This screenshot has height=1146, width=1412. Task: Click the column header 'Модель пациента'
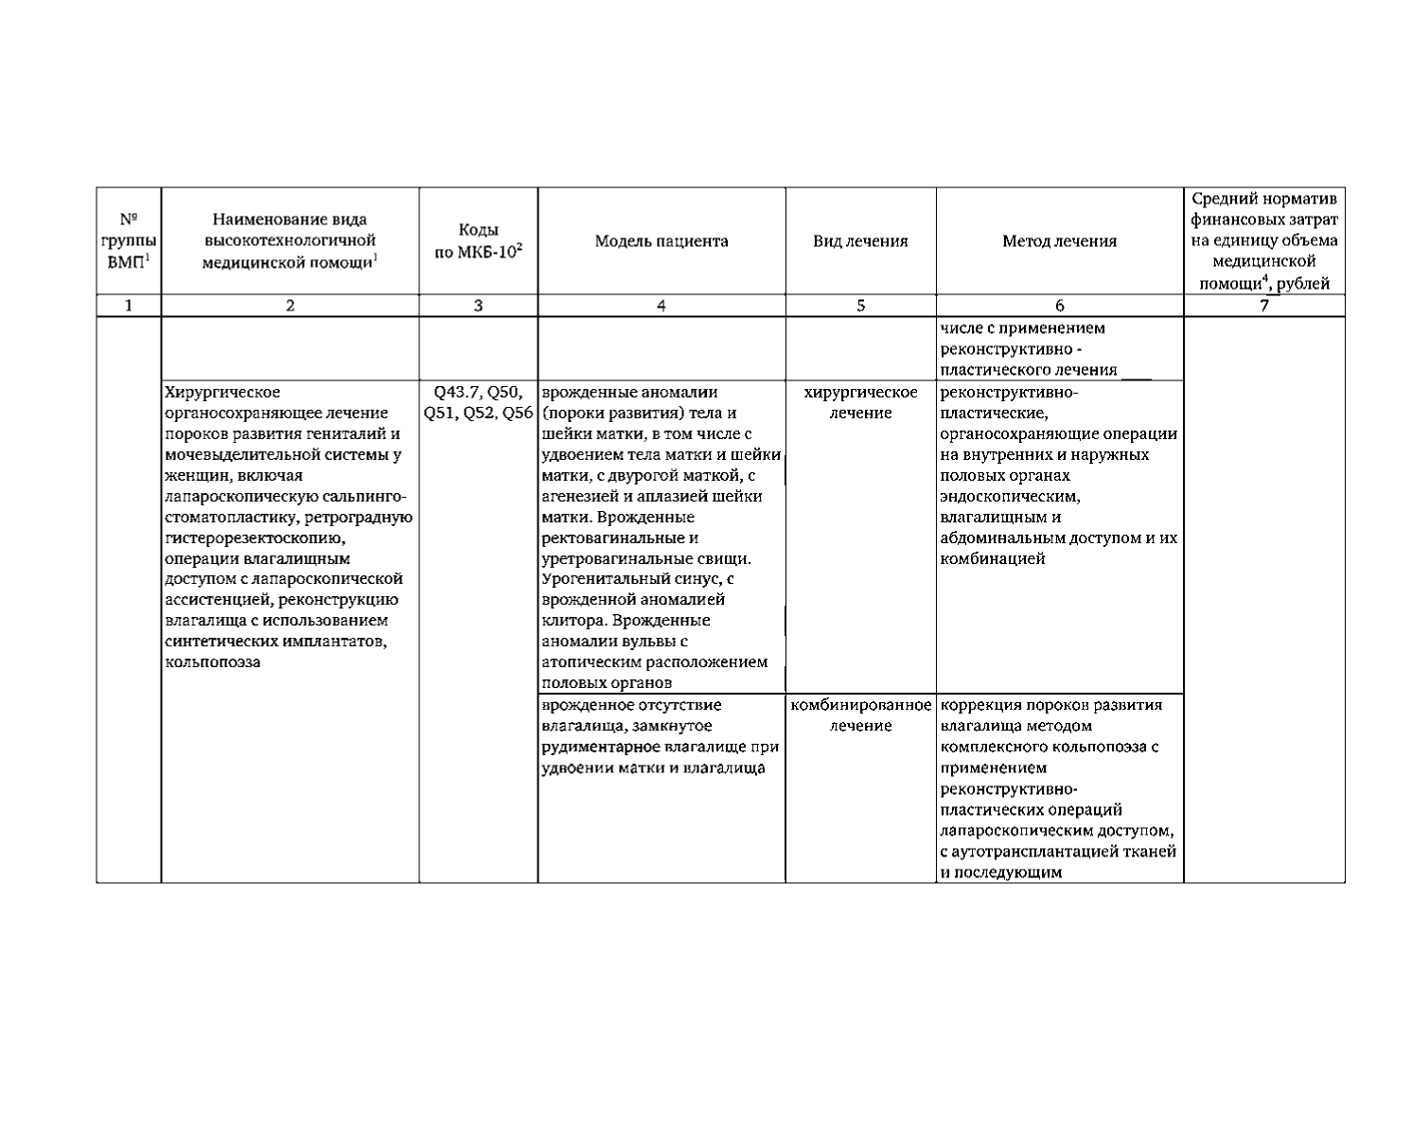(661, 241)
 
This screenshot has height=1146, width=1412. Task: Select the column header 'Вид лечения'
(860, 241)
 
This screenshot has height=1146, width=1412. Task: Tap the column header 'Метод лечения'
(1059, 241)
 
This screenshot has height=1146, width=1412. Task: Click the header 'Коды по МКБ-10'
(478, 241)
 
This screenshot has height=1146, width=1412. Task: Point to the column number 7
(1263, 306)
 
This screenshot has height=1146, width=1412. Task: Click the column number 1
(128, 306)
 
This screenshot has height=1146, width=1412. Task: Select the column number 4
(661, 306)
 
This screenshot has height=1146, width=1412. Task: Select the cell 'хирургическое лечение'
(860, 402)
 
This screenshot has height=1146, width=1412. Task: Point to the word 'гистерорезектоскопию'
(252, 538)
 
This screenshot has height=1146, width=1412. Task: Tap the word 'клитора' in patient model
(574, 621)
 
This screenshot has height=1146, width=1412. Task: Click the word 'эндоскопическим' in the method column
(1010, 496)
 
